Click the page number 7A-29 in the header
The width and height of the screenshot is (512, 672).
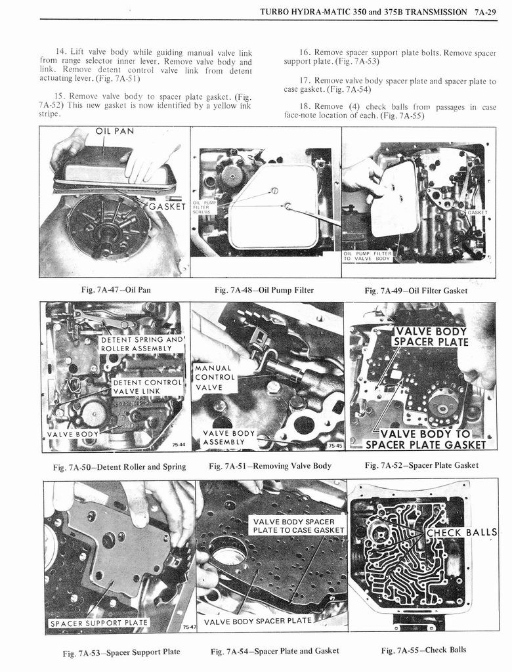[485, 12]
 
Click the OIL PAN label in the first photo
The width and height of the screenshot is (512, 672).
[115, 131]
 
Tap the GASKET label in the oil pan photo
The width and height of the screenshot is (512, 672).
[167, 207]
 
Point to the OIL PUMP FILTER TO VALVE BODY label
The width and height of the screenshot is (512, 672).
[368, 256]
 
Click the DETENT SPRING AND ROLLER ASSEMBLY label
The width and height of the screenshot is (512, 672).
[140, 344]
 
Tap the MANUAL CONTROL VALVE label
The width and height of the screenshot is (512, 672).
[215, 377]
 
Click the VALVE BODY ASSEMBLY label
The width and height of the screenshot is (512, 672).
[228, 437]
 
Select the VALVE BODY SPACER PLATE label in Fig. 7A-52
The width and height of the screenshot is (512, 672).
[431, 337]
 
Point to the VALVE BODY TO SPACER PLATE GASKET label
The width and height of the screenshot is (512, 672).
[425, 439]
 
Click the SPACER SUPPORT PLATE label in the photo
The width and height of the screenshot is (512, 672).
[98, 622]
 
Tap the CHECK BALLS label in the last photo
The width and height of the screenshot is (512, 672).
[462, 532]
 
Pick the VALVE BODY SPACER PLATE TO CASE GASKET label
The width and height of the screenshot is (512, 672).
[299, 526]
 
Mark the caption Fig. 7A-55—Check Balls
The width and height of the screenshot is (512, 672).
[423, 650]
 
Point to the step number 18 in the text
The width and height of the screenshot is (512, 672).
[305, 106]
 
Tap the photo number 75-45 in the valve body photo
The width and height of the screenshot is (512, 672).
[335, 446]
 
